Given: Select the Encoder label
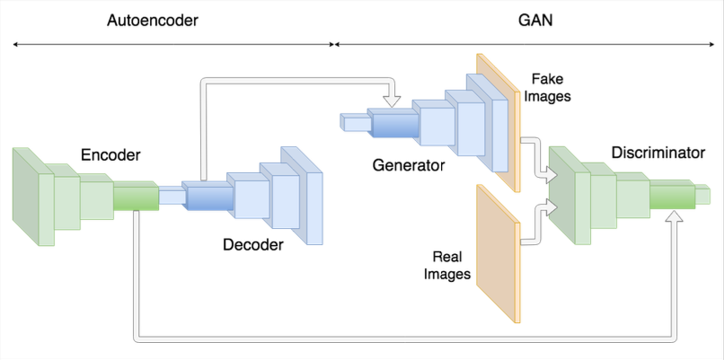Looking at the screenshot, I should click(x=110, y=155).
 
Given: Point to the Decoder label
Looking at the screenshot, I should click(x=253, y=244).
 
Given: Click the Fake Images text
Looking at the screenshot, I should click(x=552, y=87).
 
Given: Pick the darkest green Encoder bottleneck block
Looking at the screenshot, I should click(x=136, y=196).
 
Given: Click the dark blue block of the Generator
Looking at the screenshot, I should click(x=395, y=125).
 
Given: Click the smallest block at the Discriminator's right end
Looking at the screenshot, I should click(x=703, y=194).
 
